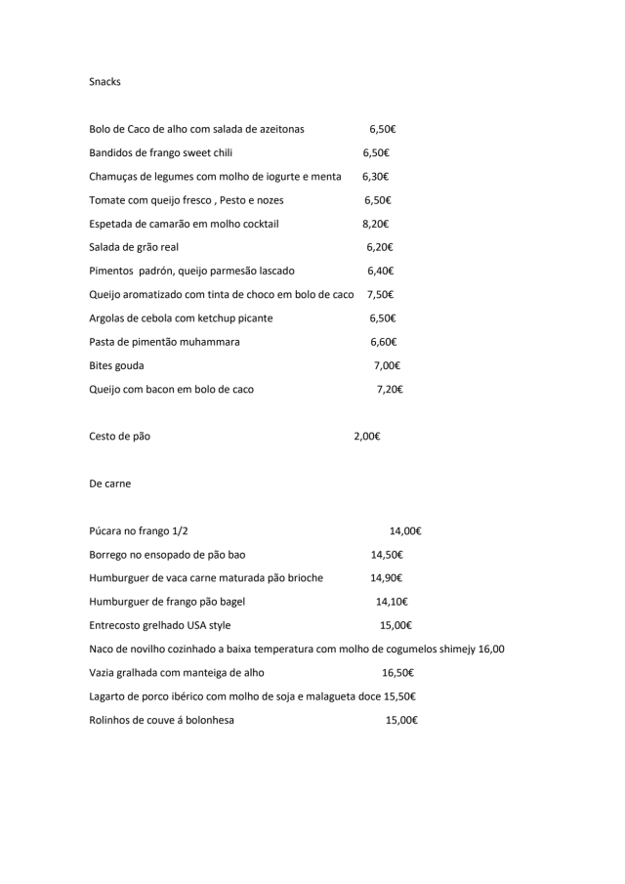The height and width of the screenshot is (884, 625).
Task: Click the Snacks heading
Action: tap(104, 82)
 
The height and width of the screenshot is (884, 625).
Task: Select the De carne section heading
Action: tap(109, 484)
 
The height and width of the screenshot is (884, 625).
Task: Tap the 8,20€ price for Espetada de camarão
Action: tap(376, 224)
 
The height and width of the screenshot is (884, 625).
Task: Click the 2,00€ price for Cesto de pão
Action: tap(366, 437)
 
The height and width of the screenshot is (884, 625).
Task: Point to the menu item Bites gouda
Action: tap(116, 365)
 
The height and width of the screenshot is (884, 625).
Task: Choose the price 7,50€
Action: tap(381, 295)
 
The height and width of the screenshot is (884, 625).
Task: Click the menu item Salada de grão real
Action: tap(134, 247)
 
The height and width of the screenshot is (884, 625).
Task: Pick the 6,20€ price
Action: tap(379, 247)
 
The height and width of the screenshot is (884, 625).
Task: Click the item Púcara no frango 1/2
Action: tap(139, 531)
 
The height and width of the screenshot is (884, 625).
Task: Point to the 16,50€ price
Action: tap(397, 673)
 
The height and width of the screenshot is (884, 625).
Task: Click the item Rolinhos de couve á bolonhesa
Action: tap(161, 720)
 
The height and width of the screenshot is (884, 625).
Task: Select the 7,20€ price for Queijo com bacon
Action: tap(390, 389)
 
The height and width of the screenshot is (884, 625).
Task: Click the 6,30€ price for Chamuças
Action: tap(375, 177)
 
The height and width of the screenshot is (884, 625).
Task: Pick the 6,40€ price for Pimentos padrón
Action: tap(380, 271)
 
